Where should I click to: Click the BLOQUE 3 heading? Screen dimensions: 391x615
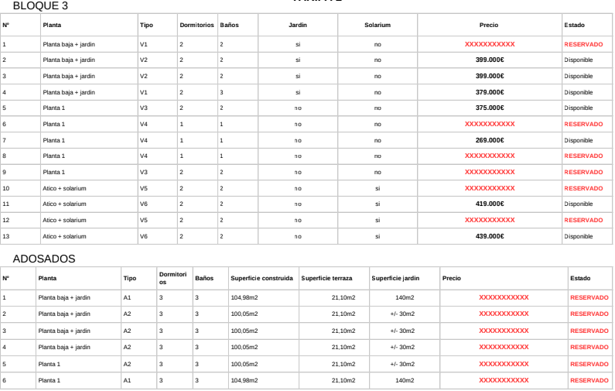(x=36, y=6)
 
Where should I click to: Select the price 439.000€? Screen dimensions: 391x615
(x=489, y=236)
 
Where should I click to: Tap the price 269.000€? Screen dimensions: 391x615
(x=489, y=140)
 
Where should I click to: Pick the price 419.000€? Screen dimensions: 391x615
(x=489, y=204)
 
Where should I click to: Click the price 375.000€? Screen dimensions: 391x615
(x=489, y=108)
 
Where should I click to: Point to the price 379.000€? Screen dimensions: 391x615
(x=489, y=92)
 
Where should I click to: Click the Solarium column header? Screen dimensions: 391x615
(x=377, y=26)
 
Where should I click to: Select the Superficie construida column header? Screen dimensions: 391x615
(x=261, y=277)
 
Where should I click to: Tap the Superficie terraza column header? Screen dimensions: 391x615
(x=326, y=277)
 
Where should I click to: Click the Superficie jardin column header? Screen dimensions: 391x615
(x=395, y=277)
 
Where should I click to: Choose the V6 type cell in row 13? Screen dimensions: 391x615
(x=143, y=236)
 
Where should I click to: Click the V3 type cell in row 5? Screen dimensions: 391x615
(x=143, y=108)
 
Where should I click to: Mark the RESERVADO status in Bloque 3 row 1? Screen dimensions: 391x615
(x=583, y=44)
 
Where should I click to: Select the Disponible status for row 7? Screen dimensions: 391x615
(x=578, y=140)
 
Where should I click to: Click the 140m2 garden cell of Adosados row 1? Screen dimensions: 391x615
(x=402, y=297)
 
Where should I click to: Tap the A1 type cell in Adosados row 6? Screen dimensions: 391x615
(x=128, y=380)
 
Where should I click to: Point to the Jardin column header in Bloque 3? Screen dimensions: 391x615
(x=298, y=26)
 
